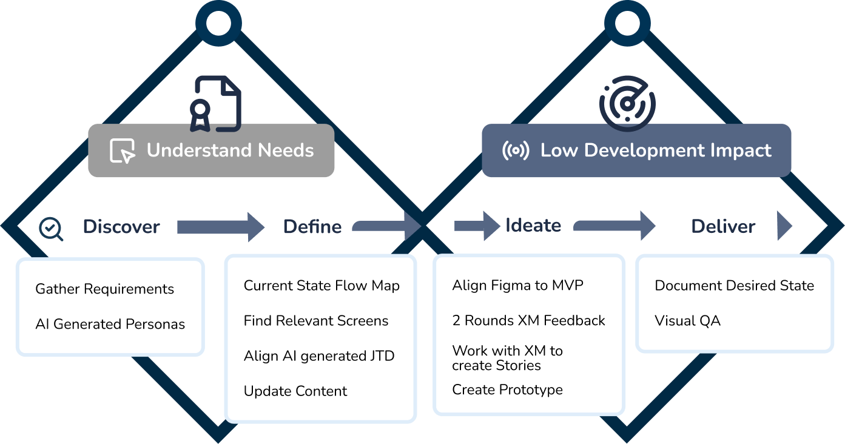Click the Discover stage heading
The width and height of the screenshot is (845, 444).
(x=121, y=227)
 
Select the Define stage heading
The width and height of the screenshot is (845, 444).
(x=312, y=227)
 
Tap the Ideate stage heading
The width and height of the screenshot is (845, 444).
(x=533, y=226)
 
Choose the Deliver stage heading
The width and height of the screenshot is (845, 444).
(x=723, y=227)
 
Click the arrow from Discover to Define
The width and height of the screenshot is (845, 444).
(x=220, y=227)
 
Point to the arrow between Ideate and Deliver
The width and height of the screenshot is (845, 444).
(x=614, y=226)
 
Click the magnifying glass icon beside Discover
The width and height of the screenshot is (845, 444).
(x=50, y=229)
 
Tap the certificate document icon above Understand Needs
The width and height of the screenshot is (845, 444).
(x=216, y=104)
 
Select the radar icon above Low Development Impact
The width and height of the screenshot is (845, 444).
(x=627, y=104)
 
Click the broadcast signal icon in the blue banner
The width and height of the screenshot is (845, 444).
(x=516, y=151)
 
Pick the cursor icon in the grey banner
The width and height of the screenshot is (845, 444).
(x=123, y=151)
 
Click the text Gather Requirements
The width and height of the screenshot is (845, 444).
(x=104, y=289)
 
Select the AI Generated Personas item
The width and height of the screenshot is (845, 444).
(x=110, y=325)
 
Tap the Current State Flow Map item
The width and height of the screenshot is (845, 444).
(x=322, y=286)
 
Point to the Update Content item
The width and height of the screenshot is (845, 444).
(x=295, y=391)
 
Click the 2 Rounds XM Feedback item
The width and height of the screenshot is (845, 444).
(x=528, y=321)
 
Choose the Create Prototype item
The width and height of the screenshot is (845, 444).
(x=507, y=389)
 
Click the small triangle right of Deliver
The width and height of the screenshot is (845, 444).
(x=784, y=226)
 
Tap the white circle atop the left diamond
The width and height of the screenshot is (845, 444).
(x=218, y=24)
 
